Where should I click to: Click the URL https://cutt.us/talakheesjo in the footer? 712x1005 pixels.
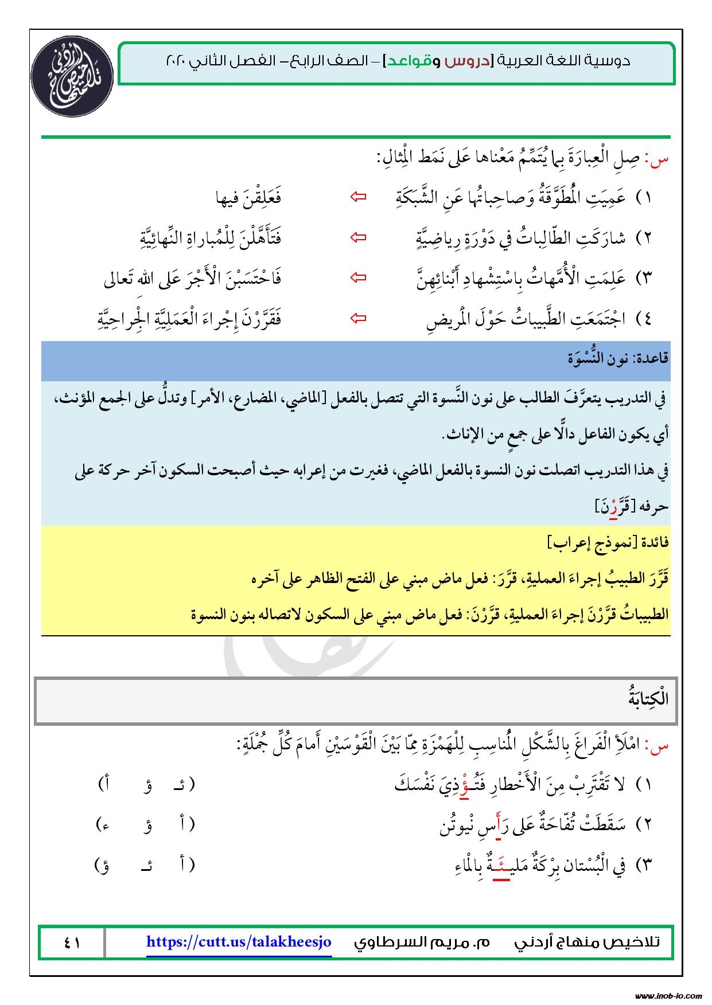[x=239, y=942]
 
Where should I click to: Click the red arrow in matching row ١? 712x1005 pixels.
[x=359, y=197]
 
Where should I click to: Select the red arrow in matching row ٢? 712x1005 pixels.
[x=359, y=237]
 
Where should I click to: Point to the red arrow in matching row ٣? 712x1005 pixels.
[x=359, y=278]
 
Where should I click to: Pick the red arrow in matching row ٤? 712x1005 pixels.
[x=359, y=318]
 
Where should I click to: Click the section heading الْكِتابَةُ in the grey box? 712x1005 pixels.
[x=648, y=700]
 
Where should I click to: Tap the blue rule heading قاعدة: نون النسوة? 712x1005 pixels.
[x=617, y=359]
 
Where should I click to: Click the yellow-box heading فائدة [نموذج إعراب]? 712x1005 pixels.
[x=609, y=542]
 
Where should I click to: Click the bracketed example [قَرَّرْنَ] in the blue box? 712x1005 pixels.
[x=612, y=507]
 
